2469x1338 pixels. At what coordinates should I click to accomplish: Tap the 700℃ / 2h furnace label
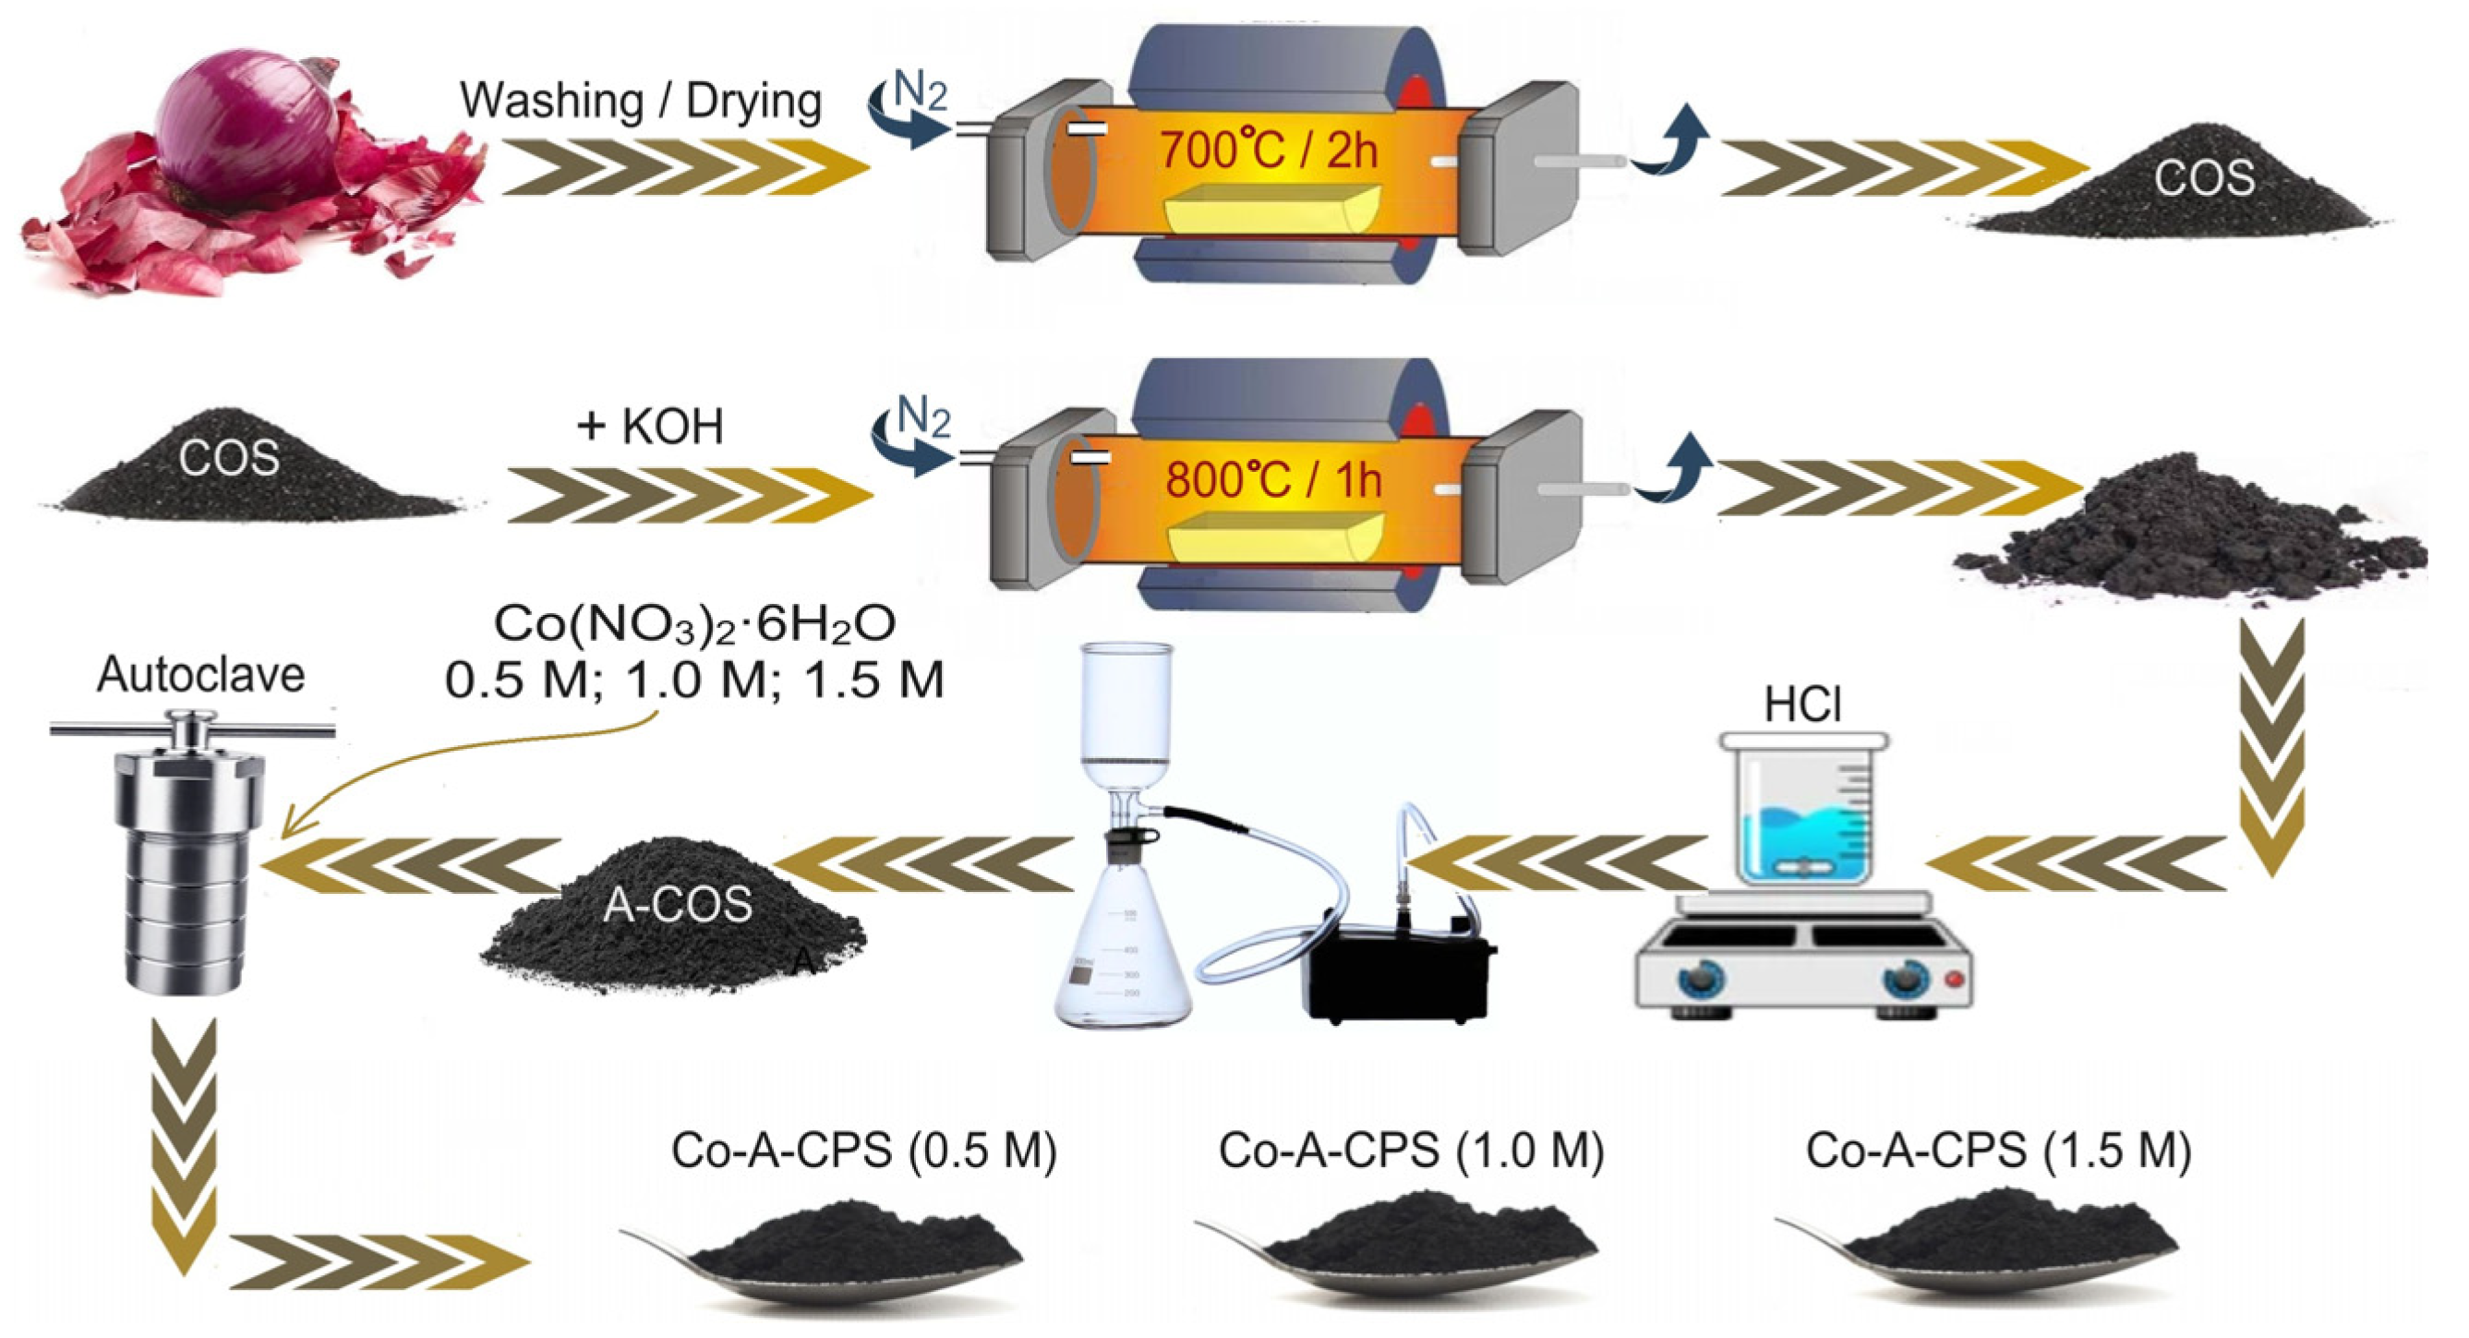1269,150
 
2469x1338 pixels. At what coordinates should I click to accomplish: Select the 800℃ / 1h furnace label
1273,479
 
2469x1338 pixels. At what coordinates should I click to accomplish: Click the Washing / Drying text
640,102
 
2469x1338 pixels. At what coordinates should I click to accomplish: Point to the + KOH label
650,426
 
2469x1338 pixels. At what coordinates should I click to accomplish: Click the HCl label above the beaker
1802,705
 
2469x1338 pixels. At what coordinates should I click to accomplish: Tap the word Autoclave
200,675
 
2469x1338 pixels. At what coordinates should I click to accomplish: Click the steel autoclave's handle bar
192,731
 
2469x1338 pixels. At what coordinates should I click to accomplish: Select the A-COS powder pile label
678,904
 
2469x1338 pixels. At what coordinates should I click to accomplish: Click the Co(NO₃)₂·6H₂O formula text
695,624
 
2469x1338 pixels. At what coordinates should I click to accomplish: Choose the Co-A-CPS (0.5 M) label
863,1151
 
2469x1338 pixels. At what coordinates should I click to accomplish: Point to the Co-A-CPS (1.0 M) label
1411,1151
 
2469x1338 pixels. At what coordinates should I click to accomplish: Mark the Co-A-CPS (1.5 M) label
1998,1151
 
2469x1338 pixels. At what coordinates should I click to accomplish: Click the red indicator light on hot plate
1955,979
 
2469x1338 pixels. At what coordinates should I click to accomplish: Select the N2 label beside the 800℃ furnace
923,419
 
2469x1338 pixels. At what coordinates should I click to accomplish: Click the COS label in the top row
2205,178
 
